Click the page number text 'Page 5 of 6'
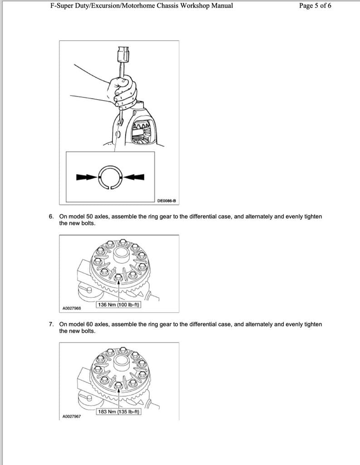315,6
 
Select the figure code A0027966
71,308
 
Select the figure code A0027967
71,416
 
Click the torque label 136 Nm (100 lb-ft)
119,305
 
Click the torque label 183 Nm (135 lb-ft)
119,412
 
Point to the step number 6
51,217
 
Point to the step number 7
51,325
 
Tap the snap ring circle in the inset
110,177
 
